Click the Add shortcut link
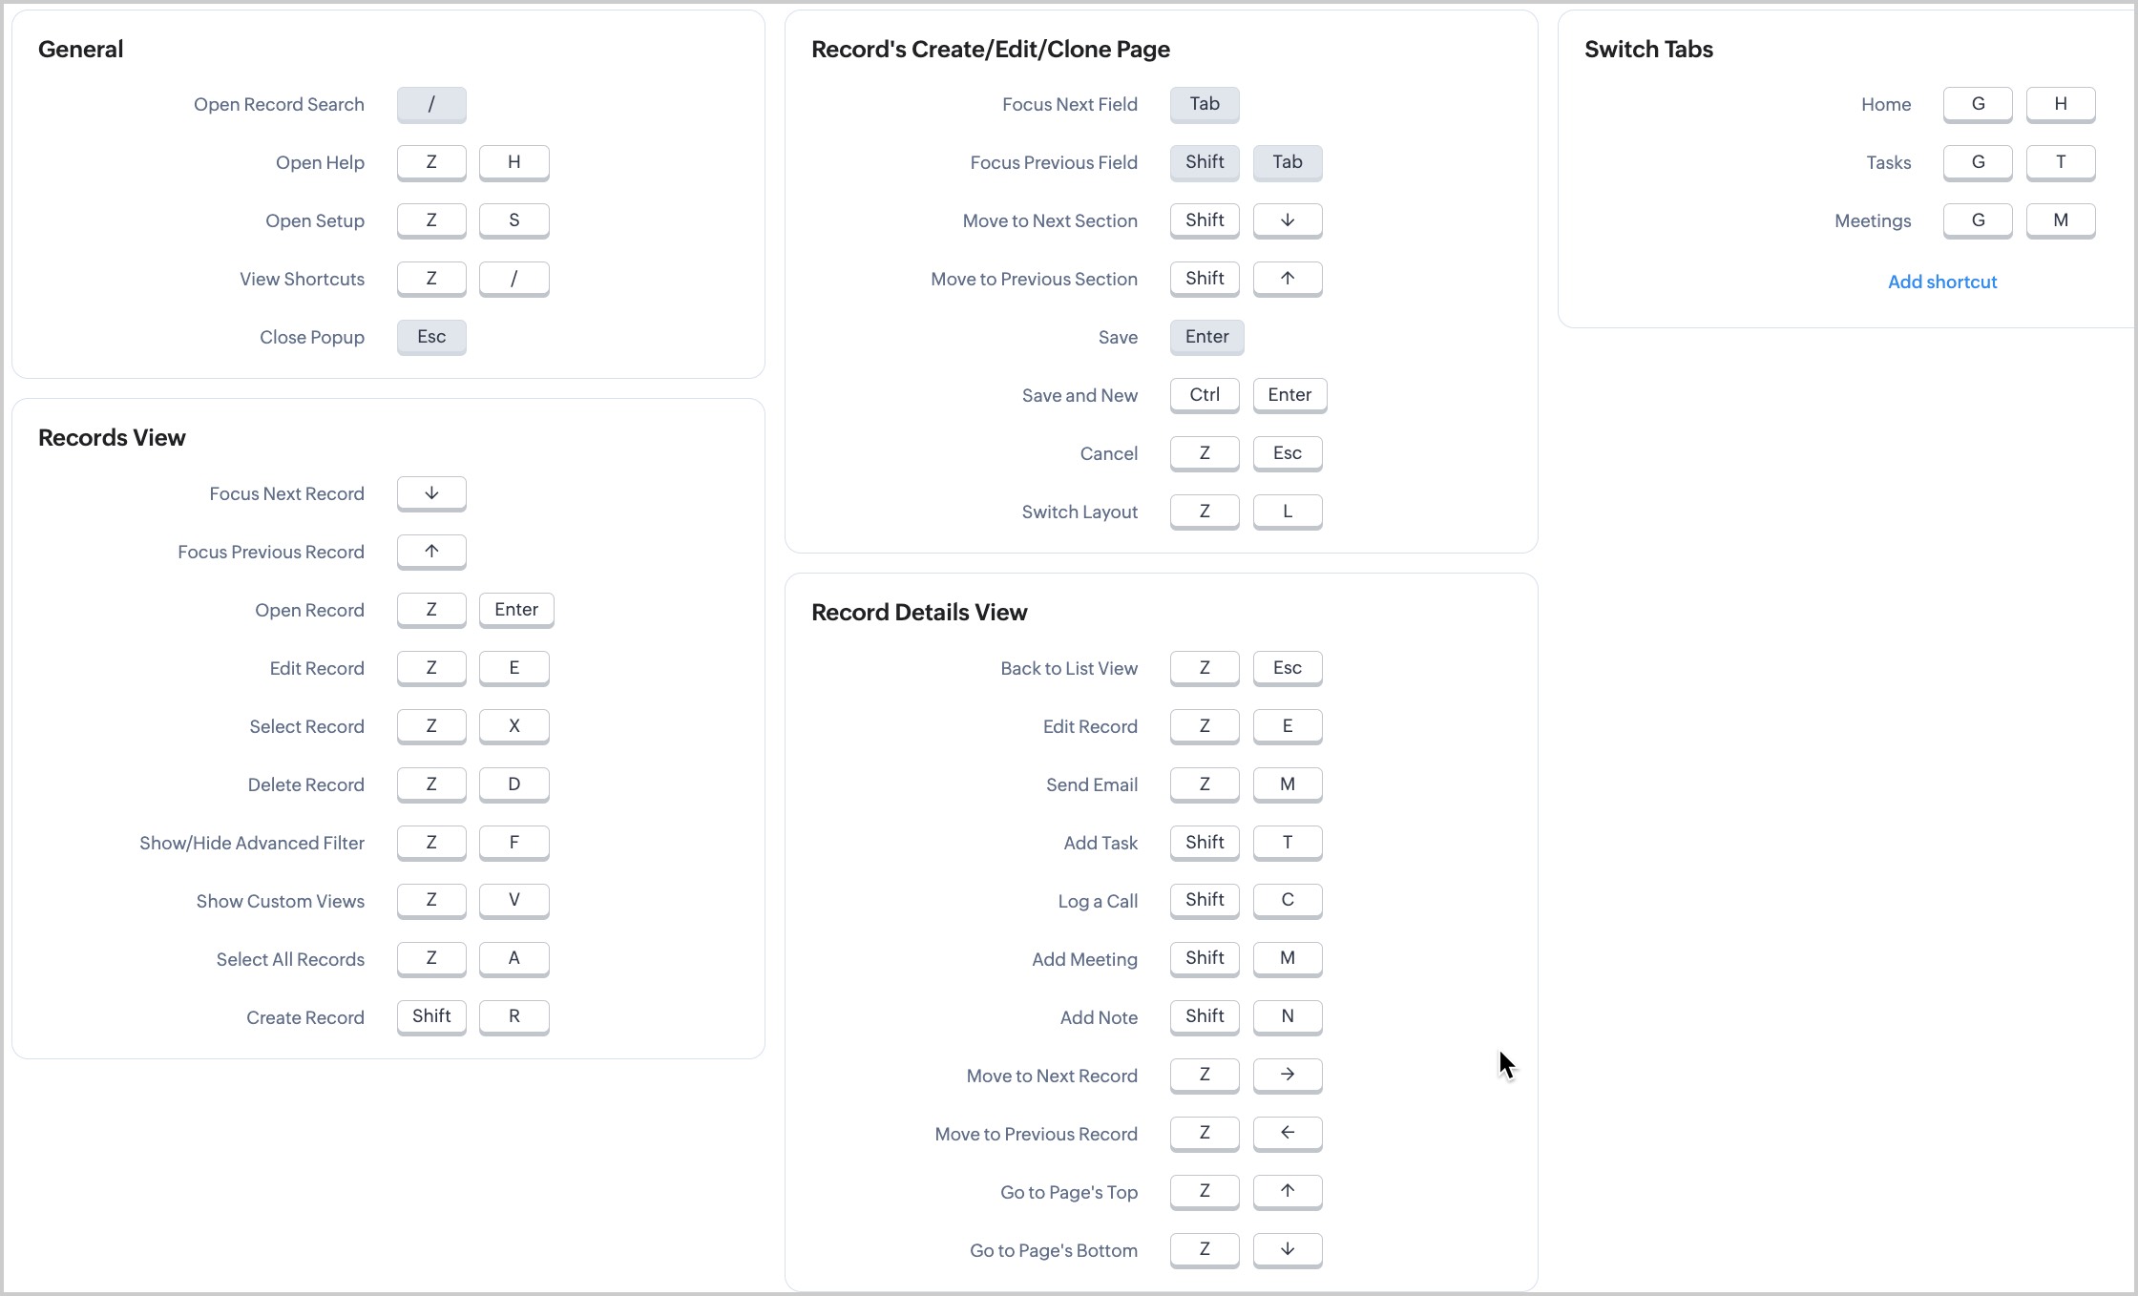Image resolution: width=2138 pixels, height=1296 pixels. (1942, 282)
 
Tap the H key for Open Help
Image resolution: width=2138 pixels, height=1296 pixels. (514, 162)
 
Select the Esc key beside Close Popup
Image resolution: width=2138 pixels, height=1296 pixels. (431, 337)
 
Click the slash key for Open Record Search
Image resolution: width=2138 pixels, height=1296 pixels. (431, 104)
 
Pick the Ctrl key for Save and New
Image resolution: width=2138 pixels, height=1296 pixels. (1205, 395)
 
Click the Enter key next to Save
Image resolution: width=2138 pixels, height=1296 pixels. (1206, 337)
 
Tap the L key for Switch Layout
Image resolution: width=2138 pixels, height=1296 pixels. (1287, 512)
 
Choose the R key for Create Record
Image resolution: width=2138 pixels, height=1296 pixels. (514, 1016)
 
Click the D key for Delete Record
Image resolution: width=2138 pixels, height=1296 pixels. (514, 784)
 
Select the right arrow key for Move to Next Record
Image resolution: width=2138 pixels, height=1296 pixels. (1287, 1075)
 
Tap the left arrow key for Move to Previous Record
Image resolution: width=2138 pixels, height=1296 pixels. (1287, 1133)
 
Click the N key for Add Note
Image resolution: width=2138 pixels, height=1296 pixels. (1287, 1016)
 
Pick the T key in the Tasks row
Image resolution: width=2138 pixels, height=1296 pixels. (2061, 162)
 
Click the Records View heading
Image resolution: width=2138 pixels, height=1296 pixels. (112, 438)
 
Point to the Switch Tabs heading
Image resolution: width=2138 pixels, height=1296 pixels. (1648, 50)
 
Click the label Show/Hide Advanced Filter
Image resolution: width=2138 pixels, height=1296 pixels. (252, 843)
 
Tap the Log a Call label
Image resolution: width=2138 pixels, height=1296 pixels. (1098, 901)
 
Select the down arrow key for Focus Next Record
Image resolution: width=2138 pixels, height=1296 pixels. (431, 493)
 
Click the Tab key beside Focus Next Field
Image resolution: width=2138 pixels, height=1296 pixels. (1205, 104)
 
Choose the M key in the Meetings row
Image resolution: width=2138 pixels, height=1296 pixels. (2061, 220)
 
